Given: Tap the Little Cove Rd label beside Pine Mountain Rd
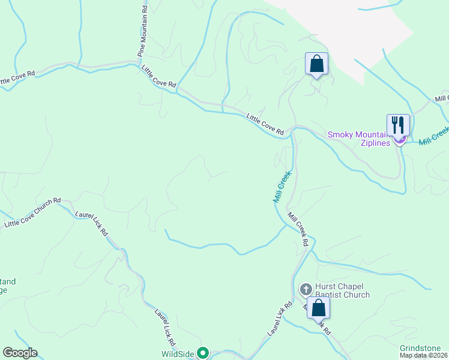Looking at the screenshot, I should tap(159, 77).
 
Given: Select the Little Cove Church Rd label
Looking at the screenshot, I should tap(32, 212).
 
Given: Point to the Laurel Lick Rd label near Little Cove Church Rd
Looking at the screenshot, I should tap(92, 222).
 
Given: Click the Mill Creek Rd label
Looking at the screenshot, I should tap(298, 229).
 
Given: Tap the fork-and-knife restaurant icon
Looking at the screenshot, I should tap(398, 125).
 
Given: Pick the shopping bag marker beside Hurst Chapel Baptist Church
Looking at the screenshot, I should tap(318, 308).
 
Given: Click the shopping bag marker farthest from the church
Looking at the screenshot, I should tap(316, 64).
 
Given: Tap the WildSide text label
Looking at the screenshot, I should tap(178, 354).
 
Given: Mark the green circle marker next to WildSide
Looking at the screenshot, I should tap(203, 353).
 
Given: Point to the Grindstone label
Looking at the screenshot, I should tap(420, 349).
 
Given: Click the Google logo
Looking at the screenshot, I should tap(20, 353).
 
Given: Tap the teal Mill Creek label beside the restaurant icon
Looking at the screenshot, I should tap(433, 136).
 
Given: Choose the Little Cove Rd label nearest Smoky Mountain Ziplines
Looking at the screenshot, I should tap(265, 124).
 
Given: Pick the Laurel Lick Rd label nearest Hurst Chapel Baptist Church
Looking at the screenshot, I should tap(279, 318).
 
